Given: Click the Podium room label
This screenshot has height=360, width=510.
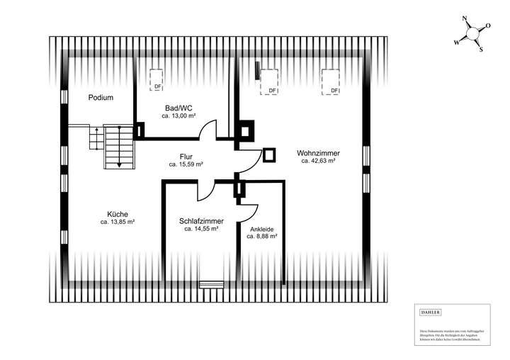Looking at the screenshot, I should (x=101, y=98).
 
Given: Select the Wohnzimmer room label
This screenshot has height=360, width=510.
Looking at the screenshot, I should (x=318, y=153).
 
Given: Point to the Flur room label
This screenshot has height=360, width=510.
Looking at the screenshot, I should (x=186, y=157).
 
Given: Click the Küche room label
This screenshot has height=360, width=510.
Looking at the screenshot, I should (x=118, y=214).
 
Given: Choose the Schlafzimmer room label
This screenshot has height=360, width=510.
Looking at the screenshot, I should (x=201, y=221).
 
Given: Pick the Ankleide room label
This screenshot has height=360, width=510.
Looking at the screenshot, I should (x=261, y=229).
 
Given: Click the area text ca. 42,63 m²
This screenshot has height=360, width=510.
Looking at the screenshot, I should (x=318, y=161).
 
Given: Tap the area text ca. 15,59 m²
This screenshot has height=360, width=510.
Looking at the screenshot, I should (x=186, y=164).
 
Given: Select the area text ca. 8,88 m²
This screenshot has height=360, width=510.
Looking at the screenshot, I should (x=261, y=237).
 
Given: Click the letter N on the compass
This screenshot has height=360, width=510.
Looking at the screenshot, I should (x=465, y=20).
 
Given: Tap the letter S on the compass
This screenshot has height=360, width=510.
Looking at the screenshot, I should (x=480, y=50).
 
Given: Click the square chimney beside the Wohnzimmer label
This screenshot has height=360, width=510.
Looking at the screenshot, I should (x=270, y=155).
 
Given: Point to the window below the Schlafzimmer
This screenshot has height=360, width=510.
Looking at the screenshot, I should (x=211, y=284).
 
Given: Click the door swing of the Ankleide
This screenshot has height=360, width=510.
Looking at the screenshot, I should (x=250, y=208).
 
